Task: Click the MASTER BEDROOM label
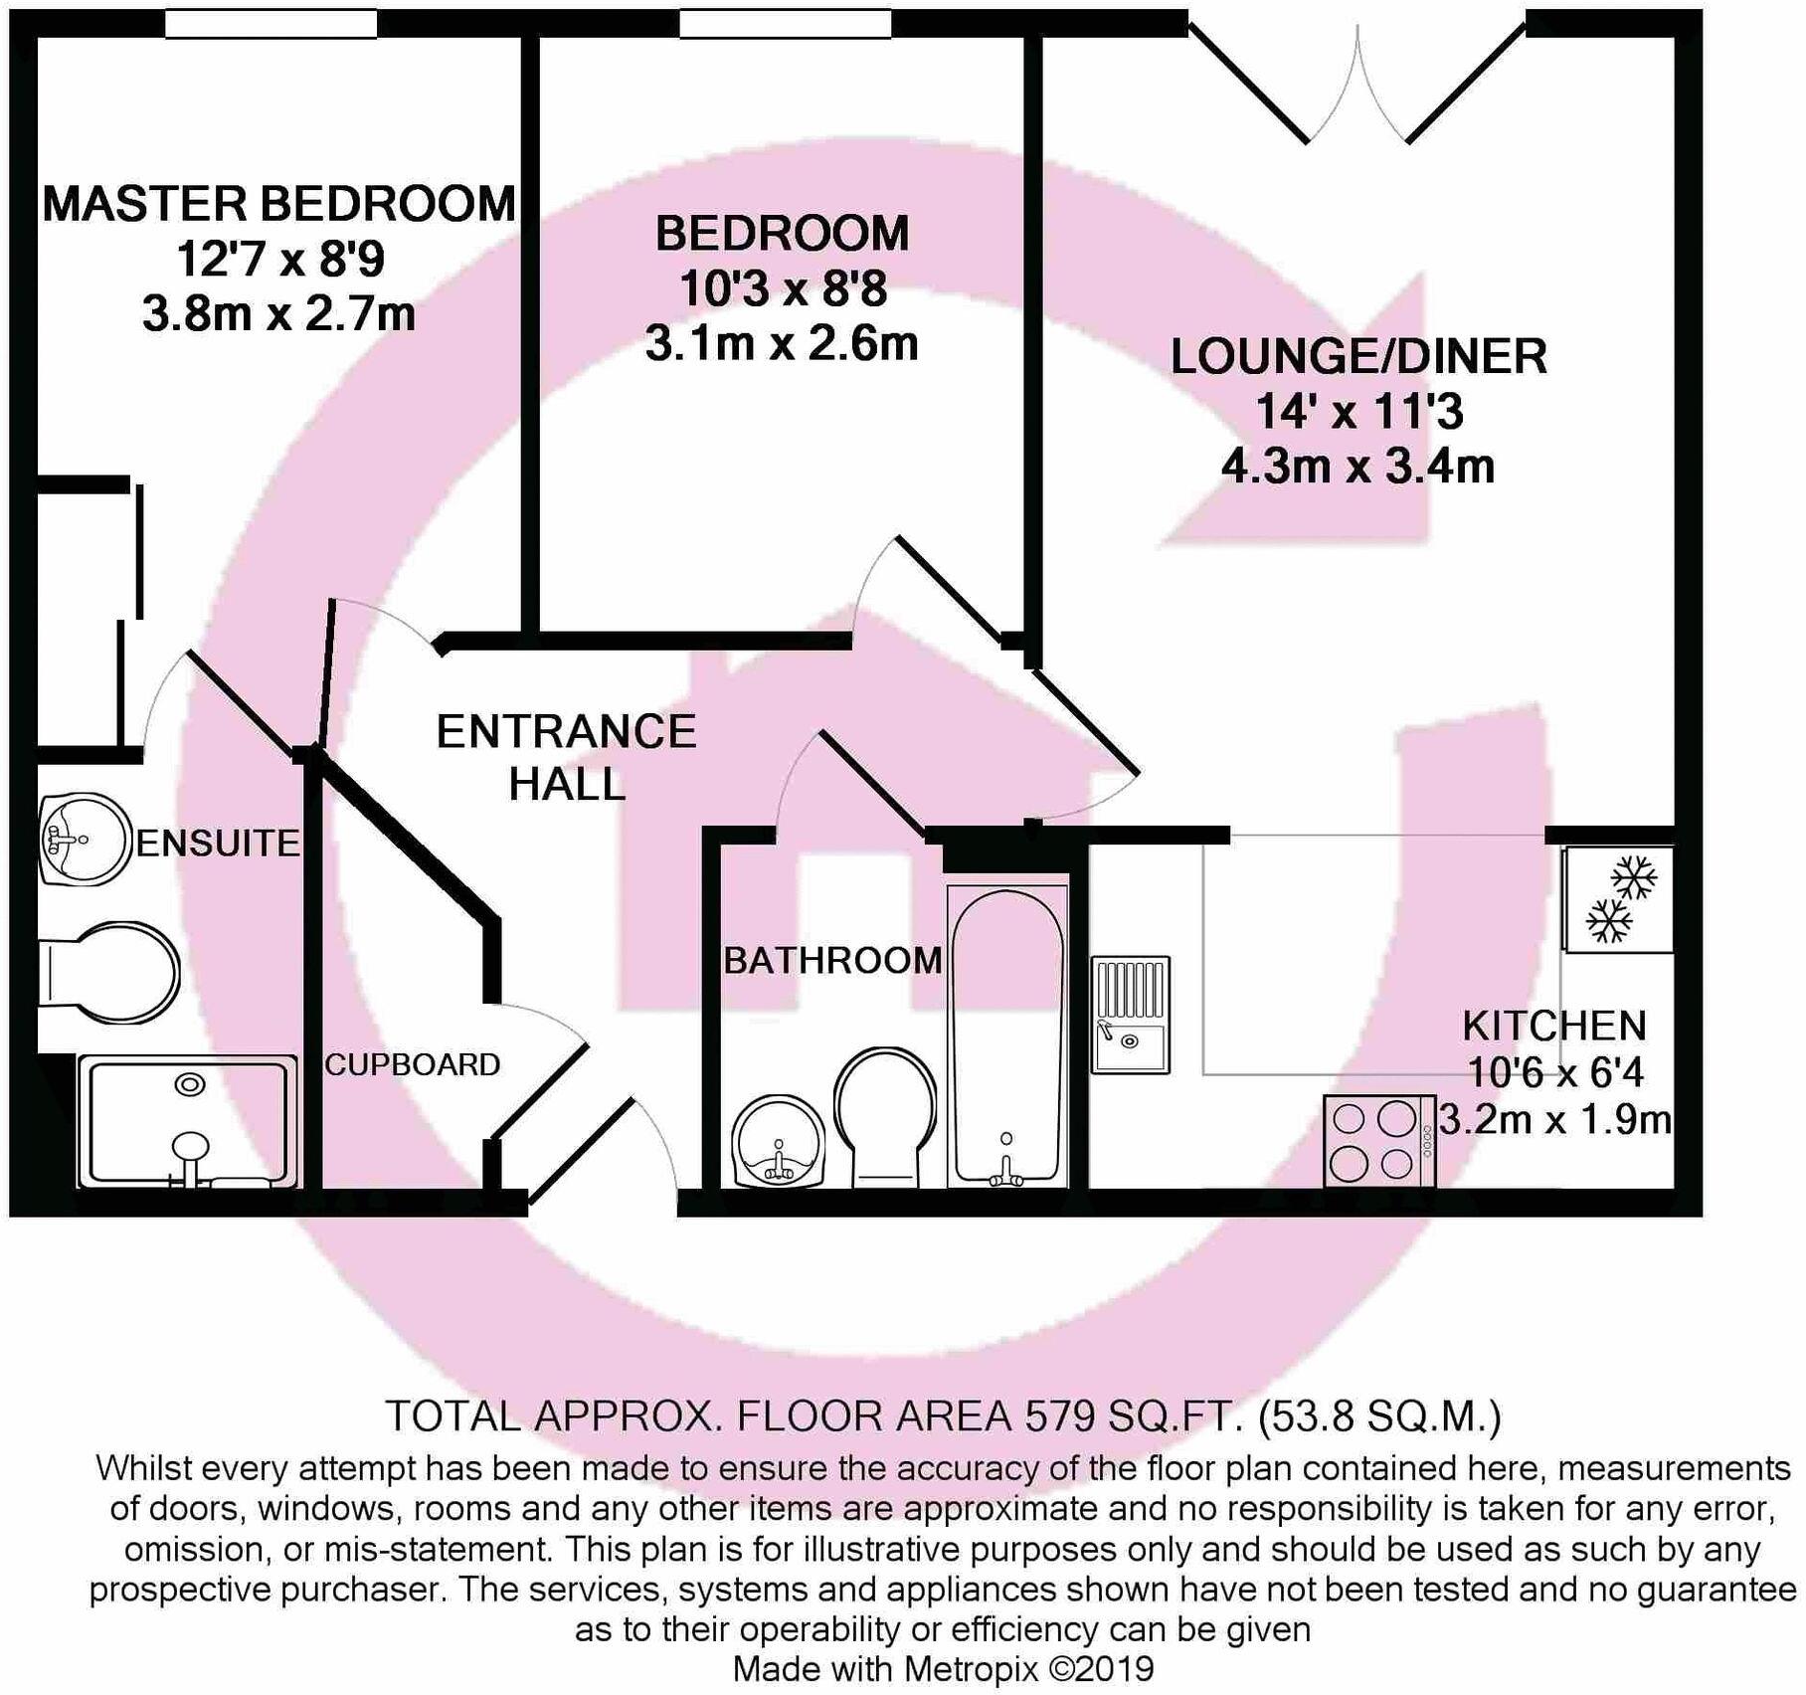point(278,204)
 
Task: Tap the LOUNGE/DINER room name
point(1358,357)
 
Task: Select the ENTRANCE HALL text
point(567,758)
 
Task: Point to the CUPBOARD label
point(412,1065)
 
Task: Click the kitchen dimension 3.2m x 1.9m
point(1555,1121)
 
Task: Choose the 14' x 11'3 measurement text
point(1358,411)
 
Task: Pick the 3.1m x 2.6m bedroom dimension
point(782,344)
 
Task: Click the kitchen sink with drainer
point(1131,1015)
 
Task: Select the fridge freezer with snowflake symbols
point(1618,899)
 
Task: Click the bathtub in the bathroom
point(1007,1035)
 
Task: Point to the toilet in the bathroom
point(885,1114)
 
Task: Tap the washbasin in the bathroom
point(779,1142)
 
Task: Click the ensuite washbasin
point(86,838)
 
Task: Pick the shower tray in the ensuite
point(188,1122)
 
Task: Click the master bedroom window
point(271,24)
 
